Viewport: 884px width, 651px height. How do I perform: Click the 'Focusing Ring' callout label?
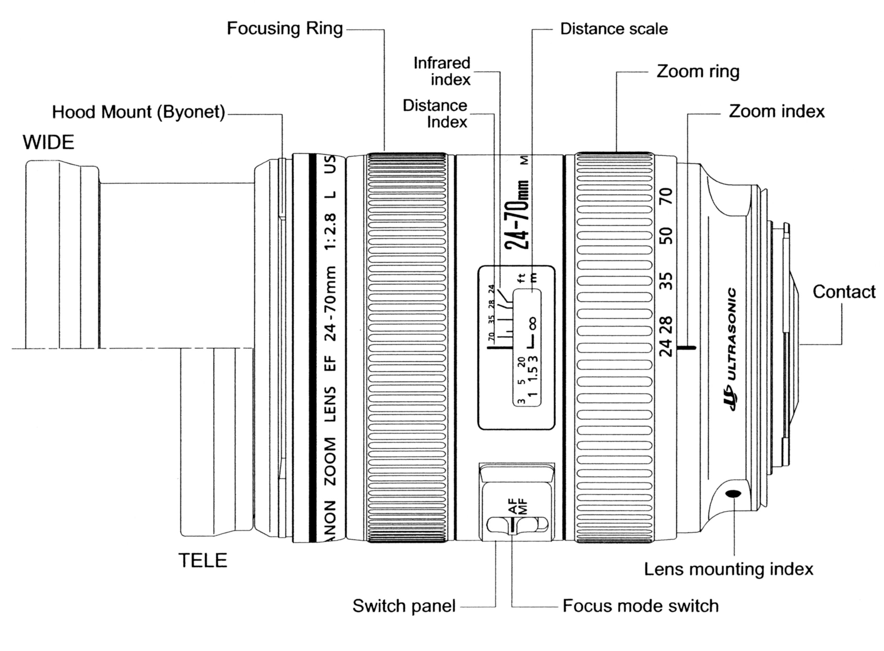click(x=285, y=29)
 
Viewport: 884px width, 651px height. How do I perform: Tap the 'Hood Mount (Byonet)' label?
click(x=138, y=112)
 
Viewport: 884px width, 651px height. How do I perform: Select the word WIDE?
click(x=48, y=142)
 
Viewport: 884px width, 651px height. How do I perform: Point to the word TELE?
click(x=203, y=560)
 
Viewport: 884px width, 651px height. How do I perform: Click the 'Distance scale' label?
click(x=613, y=29)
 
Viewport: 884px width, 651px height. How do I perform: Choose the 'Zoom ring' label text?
click(x=697, y=72)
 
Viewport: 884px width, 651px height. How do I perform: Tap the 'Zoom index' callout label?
click(x=776, y=112)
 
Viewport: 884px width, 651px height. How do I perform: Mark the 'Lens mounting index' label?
click(x=728, y=569)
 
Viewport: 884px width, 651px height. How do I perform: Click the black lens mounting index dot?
click(x=733, y=493)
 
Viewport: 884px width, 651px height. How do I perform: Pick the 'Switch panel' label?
click(x=403, y=606)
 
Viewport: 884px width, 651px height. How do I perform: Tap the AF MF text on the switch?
click(x=518, y=506)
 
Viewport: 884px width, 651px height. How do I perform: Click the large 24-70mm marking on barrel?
click(x=518, y=215)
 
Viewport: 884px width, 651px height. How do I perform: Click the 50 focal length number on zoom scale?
click(x=666, y=236)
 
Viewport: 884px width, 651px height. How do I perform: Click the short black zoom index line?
click(x=686, y=348)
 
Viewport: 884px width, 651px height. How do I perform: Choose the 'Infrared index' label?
click(x=442, y=71)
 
